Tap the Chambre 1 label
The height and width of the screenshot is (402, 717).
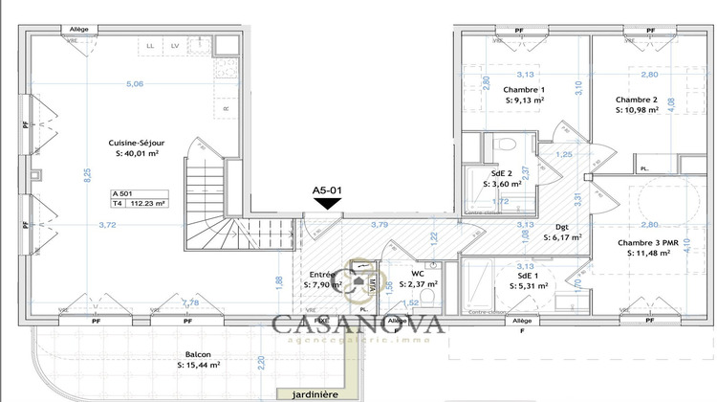pos(524,89)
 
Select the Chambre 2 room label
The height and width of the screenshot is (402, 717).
pos(637,100)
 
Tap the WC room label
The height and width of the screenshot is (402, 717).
pos(417,273)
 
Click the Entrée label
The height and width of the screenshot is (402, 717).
pos(320,275)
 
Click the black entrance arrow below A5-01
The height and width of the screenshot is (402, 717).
pos(328,202)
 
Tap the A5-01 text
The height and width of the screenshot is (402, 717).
pos(328,190)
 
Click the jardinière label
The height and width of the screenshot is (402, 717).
pos(310,393)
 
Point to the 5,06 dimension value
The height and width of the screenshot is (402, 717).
pos(134,84)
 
